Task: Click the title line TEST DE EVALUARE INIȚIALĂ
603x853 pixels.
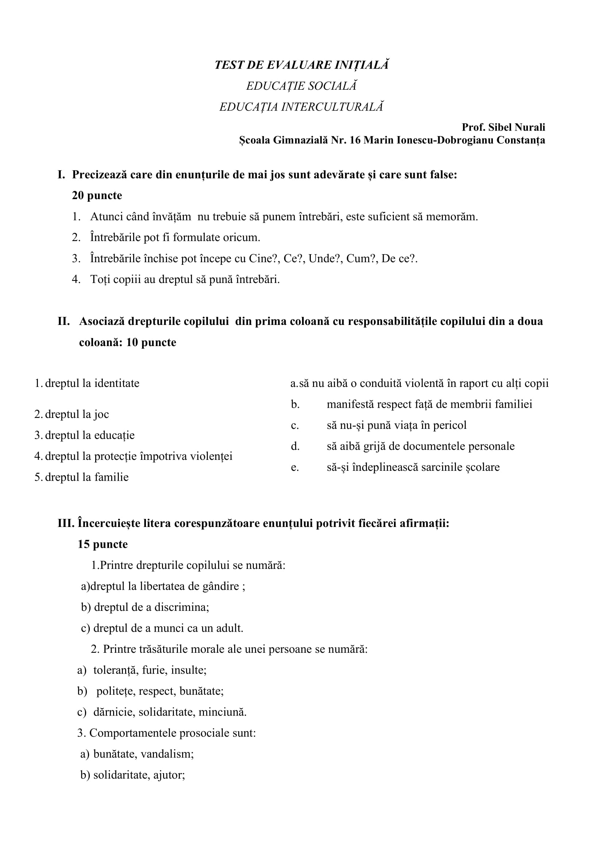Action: tap(301, 65)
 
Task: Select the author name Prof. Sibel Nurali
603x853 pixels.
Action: tap(503, 127)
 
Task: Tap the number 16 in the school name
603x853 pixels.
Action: tap(355, 140)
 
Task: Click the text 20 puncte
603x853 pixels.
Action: tap(97, 195)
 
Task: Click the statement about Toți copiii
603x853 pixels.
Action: tap(185, 279)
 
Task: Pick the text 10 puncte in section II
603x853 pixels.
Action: tap(151, 342)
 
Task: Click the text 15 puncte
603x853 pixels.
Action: tap(103, 544)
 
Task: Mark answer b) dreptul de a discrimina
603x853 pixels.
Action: tap(145, 607)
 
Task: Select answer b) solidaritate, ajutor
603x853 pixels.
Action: tap(133, 775)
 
